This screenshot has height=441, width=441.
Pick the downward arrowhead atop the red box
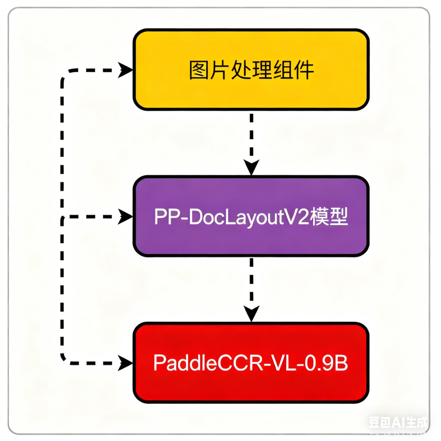[251, 314]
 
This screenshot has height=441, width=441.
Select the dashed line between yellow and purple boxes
[251, 135]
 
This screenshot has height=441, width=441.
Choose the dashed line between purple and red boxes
[251, 282]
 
